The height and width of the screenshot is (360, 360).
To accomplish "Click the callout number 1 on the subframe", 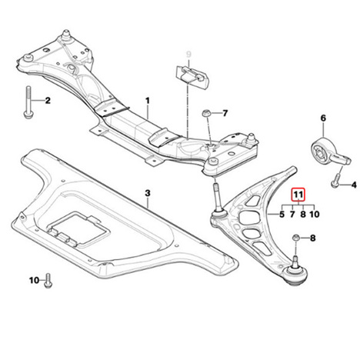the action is point(148,101).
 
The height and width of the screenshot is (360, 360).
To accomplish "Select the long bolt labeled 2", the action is point(28,102).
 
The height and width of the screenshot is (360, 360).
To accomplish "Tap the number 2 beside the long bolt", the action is point(48,101).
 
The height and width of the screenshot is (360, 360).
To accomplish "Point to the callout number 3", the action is point(148,193).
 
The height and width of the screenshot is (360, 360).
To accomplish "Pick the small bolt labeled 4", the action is point(335,181).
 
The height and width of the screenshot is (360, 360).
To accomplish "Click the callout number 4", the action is point(354,185).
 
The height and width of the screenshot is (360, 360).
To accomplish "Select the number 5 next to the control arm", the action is point(282,214).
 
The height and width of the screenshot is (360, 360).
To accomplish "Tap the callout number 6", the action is point(323,118).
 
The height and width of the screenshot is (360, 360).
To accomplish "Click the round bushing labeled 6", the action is point(322,152).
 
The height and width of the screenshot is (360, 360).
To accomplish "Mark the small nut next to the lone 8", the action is point(296,238).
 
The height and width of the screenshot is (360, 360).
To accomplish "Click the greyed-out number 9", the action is point(188,55).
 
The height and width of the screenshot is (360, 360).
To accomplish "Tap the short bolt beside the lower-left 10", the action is point(48,281).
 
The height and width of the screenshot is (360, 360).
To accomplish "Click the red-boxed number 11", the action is point(298,195).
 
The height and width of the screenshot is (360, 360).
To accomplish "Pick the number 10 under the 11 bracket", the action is point(315,214).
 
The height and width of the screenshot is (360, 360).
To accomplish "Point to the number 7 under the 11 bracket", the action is point(292,214).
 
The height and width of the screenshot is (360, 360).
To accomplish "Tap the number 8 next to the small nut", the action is point(313,238).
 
